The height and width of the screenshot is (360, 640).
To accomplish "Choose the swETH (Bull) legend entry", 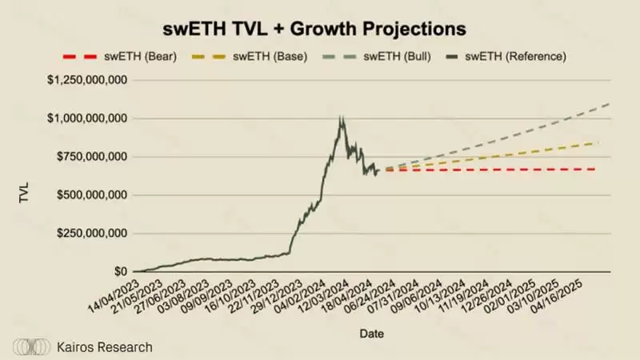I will click(x=373, y=56).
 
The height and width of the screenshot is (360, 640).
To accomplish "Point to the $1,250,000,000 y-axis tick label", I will click(x=88, y=80).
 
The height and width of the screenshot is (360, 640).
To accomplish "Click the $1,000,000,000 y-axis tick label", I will click(x=88, y=118).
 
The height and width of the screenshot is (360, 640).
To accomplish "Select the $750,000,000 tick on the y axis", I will click(x=93, y=157).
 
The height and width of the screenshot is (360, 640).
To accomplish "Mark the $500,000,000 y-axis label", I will click(x=93, y=195).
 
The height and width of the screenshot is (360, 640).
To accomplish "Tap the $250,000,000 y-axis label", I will click(x=93, y=234).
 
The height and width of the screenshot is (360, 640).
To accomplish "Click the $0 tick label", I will click(x=120, y=272).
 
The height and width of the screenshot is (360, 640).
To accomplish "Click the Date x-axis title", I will click(x=370, y=332).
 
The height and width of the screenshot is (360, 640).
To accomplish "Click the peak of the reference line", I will click(x=342, y=118).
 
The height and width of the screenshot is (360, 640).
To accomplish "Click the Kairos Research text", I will click(x=106, y=346).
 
